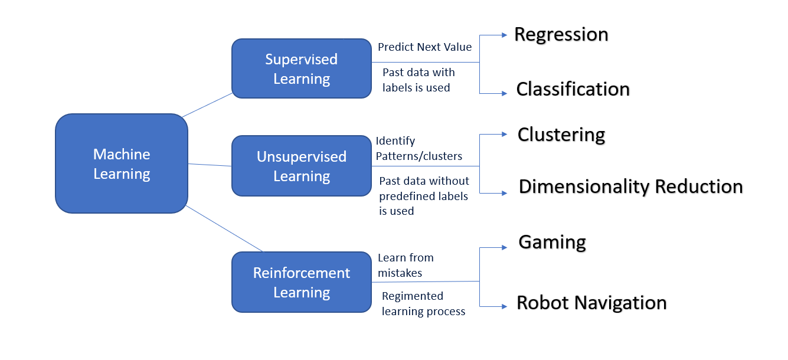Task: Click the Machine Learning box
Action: pyautogui.click(x=122, y=163)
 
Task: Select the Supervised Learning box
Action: pyautogui.click(x=301, y=68)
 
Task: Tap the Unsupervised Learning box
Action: pyautogui.click(x=301, y=166)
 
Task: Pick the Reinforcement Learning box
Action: pyautogui.click(x=301, y=282)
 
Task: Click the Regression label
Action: pyautogui.click(x=561, y=34)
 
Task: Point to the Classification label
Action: pyautogui.click(x=573, y=89)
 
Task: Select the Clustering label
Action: pyautogui.click(x=561, y=135)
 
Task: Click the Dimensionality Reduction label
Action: pyautogui.click(x=630, y=186)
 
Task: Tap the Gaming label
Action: pyautogui.click(x=552, y=242)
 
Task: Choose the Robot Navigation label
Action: pyautogui.click(x=591, y=303)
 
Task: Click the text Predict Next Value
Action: pyautogui.click(x=424, y=47)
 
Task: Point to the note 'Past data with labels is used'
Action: pyautogui.click(x=418, y=80)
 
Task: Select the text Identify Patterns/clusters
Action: pyautogui.click(x=418, y=149)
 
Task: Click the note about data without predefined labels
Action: pyautogui.click(x=423, y=195)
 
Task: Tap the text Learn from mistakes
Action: pyautogui.click(x=406, y=265)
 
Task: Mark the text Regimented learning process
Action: pyautogui.click(x=423, y=303)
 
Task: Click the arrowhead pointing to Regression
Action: pyautogui.click(x=504, y=35)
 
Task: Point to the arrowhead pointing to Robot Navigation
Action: pyautogui.click(x=504, y=306)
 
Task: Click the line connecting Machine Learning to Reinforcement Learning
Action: pyautogui.click(x=224, y=229)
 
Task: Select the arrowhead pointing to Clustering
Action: pyautogui.click(x=504, y=135)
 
